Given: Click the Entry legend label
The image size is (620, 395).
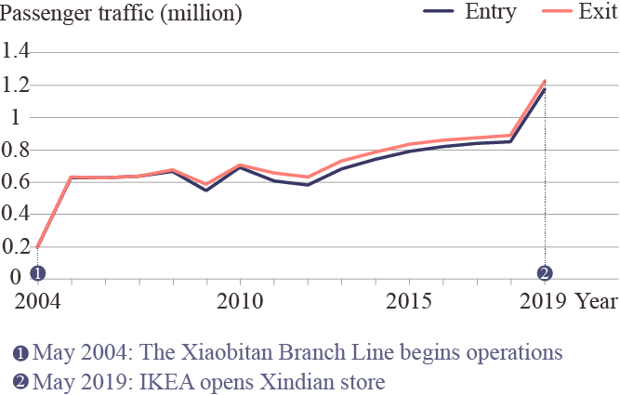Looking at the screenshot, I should click(x=491, y=13).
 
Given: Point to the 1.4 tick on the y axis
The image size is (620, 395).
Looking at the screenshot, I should click(x=17, y=52).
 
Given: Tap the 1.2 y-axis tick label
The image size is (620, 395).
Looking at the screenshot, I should click(x=17, y=85).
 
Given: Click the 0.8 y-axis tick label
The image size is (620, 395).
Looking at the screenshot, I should click(x=17, y=150).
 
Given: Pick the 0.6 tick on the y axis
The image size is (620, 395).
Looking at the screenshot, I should click(x=17, y=182).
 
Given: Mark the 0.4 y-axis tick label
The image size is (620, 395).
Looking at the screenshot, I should click(x=17, y=215).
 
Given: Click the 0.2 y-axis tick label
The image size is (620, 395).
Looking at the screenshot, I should click(x=17, y=247).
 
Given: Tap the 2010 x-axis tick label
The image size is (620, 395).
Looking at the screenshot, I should click(x=240, y=302).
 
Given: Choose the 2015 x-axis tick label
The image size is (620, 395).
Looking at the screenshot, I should click(x=409, y=302).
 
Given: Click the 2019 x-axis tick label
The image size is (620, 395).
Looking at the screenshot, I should click(x=544, y=302).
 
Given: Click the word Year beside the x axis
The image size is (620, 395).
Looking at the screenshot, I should click(x=595, y=302).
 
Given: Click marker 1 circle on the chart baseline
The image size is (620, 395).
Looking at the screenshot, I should click(x=37, y=273).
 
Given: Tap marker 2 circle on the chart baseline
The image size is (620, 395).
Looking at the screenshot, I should click(x=545, y=273).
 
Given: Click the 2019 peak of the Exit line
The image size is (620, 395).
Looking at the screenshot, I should click(x=545, y=81).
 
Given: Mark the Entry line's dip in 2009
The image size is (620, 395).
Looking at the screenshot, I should click(x=206, y=190).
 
